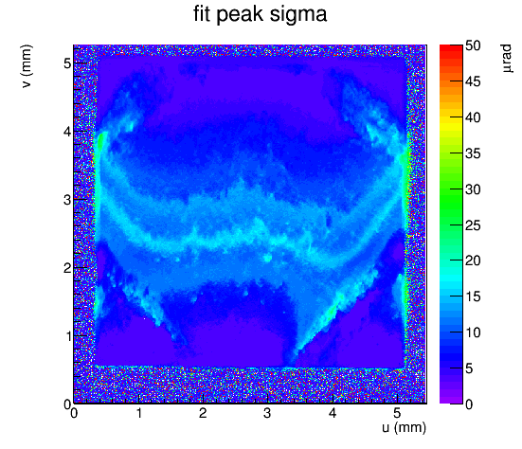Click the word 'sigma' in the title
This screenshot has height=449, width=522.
(x=298, y=14)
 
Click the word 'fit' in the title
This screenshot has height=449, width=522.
(x=202, y=14)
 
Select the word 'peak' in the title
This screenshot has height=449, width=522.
(x=240, y=15)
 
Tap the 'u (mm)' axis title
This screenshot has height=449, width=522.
(x=404, y=427)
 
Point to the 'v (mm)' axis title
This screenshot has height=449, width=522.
(x=27, y=66)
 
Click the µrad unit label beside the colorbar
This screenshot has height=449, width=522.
(x=506, y=58)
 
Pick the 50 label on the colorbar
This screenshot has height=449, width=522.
(x=473, y=45)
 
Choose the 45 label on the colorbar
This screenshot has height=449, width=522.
(x=473, y=81)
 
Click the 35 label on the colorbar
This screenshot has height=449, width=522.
(x=473, y=153)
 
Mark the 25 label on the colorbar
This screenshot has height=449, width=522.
(x=473, y=225)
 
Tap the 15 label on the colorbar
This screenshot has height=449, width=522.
(x=473, y=296)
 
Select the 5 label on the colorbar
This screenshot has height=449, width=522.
(x=469, y=368)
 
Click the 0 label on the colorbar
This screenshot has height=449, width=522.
(x=469, y=404)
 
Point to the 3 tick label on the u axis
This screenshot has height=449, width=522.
(x=267, y=413)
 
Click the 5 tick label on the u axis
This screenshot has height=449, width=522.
(x=397, y=413)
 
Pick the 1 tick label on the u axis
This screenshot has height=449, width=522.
(x=139, y=413)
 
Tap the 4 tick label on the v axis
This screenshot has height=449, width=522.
(x=67, y=132)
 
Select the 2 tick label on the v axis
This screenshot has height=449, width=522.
(x=67, y=268)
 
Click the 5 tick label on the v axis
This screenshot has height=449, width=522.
(x=67, y=63)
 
